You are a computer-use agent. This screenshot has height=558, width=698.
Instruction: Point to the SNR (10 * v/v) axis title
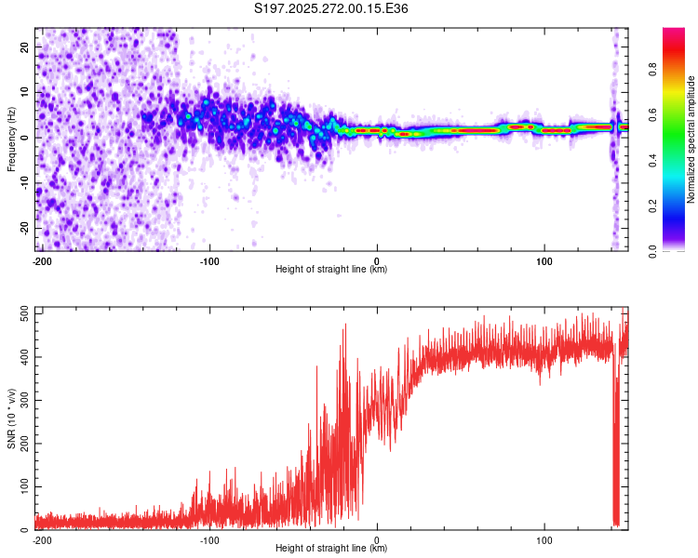click(x=11, y=418)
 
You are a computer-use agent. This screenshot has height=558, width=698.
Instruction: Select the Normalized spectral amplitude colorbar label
click(x=691, y=139)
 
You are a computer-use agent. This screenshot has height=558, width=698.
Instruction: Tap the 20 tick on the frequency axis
click(x=25, y=46)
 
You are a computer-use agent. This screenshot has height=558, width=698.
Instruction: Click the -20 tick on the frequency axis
click(x=23, y=228)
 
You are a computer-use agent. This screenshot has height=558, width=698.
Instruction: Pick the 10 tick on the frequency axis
click(x=25, y=92)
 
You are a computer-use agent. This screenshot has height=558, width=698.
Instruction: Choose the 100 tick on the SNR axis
click(x=20, y=486)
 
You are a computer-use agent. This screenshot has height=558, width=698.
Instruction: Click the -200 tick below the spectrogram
click(x=42, y=260)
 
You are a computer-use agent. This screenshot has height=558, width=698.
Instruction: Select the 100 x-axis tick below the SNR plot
click(x=544, y=539)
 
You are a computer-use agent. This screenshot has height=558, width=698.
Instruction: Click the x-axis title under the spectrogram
click(x=331, y=270)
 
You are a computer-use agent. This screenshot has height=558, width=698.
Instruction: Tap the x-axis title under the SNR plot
click(x=331, y=549)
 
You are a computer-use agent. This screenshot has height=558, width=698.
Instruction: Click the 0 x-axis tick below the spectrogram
click(x=377, y=260)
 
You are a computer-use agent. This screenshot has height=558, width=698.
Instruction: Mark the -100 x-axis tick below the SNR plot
click(x=209, y=539)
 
